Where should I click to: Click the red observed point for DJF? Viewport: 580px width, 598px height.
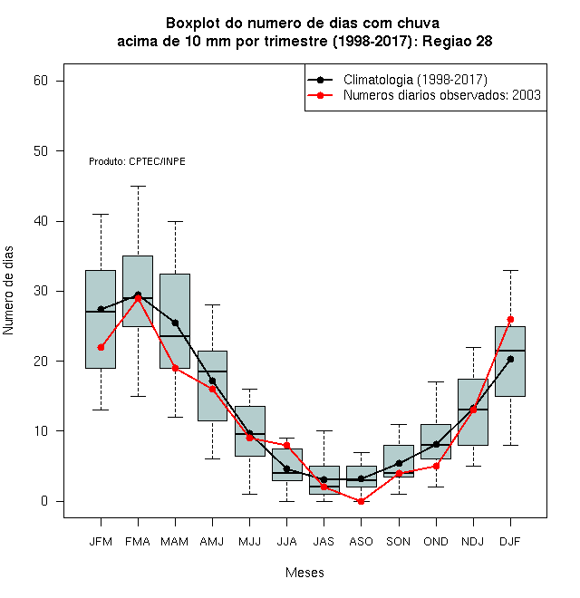(x=510, y=319)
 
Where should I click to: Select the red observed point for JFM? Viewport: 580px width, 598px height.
(x=101, y=347)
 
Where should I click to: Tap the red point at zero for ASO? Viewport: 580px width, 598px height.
(x=361, y=501)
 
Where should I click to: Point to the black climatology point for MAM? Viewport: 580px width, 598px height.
(x=175, y=323)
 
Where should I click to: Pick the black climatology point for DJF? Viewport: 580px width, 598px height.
(x=510, y=360)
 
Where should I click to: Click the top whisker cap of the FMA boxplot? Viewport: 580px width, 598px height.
(x=138, y=186)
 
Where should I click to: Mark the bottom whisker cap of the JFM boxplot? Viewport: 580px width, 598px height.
(x=101, y=410)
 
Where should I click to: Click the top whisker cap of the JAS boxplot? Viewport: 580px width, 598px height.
(x=324, y=431)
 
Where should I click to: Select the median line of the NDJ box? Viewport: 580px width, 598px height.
(x=473, y=410)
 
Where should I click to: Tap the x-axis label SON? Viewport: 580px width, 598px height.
(x=399, y=542)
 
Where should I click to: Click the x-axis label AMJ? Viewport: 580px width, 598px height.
(x=212, y=542)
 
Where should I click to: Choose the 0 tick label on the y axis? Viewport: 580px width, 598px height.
(x=44, y=501)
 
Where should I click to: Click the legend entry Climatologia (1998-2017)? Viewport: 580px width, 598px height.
(x=415, y=80)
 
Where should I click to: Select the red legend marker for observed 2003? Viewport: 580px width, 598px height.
(x=320, y=95)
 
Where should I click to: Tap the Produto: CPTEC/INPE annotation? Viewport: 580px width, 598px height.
(x=138, y=161)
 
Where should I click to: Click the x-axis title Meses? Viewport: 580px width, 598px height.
(x=304, y=573)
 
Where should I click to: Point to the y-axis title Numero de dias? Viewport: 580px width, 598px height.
(x=8, y=291)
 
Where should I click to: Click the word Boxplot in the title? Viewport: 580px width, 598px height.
(x=193, y=24)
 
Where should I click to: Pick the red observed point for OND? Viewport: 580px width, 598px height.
(x=436, y=466)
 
